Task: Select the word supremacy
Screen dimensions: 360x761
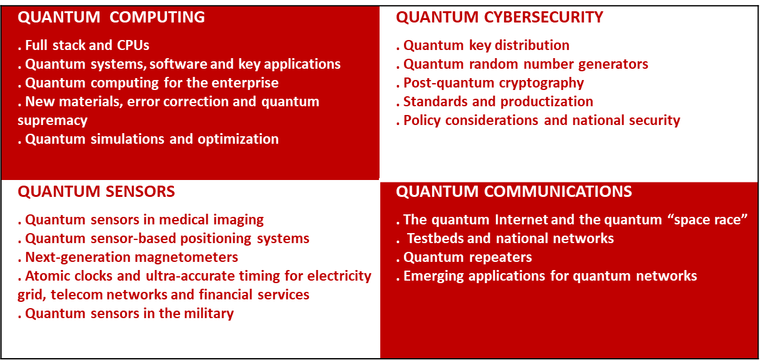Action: click(53, 120)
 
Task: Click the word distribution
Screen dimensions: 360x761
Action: click(531, 46)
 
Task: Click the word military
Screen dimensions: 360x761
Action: click(208, 314)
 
